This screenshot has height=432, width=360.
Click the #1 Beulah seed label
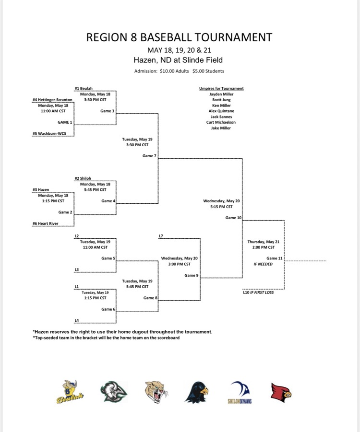84,88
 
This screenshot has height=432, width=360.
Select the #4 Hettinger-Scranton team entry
52,100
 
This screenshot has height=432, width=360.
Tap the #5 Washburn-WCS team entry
49,134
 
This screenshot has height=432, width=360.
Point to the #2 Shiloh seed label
83,178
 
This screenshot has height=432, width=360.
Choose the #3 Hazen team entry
41,190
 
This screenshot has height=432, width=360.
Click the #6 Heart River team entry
45,224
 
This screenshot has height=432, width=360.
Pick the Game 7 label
149,156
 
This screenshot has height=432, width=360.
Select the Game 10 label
233,218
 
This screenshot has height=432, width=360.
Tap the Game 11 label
275,258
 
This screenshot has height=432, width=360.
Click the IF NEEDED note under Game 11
263,264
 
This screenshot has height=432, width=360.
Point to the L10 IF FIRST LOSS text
258,292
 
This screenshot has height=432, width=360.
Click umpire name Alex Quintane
221,111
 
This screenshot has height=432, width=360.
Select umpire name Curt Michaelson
221,122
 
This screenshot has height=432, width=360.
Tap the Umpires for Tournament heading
221,88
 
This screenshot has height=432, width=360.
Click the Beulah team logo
70,392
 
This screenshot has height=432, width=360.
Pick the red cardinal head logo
281,393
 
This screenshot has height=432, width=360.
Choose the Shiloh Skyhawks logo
240,392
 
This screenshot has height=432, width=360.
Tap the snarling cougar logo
156,392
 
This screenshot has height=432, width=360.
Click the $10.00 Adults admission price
174,71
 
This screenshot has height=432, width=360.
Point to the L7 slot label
161,236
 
